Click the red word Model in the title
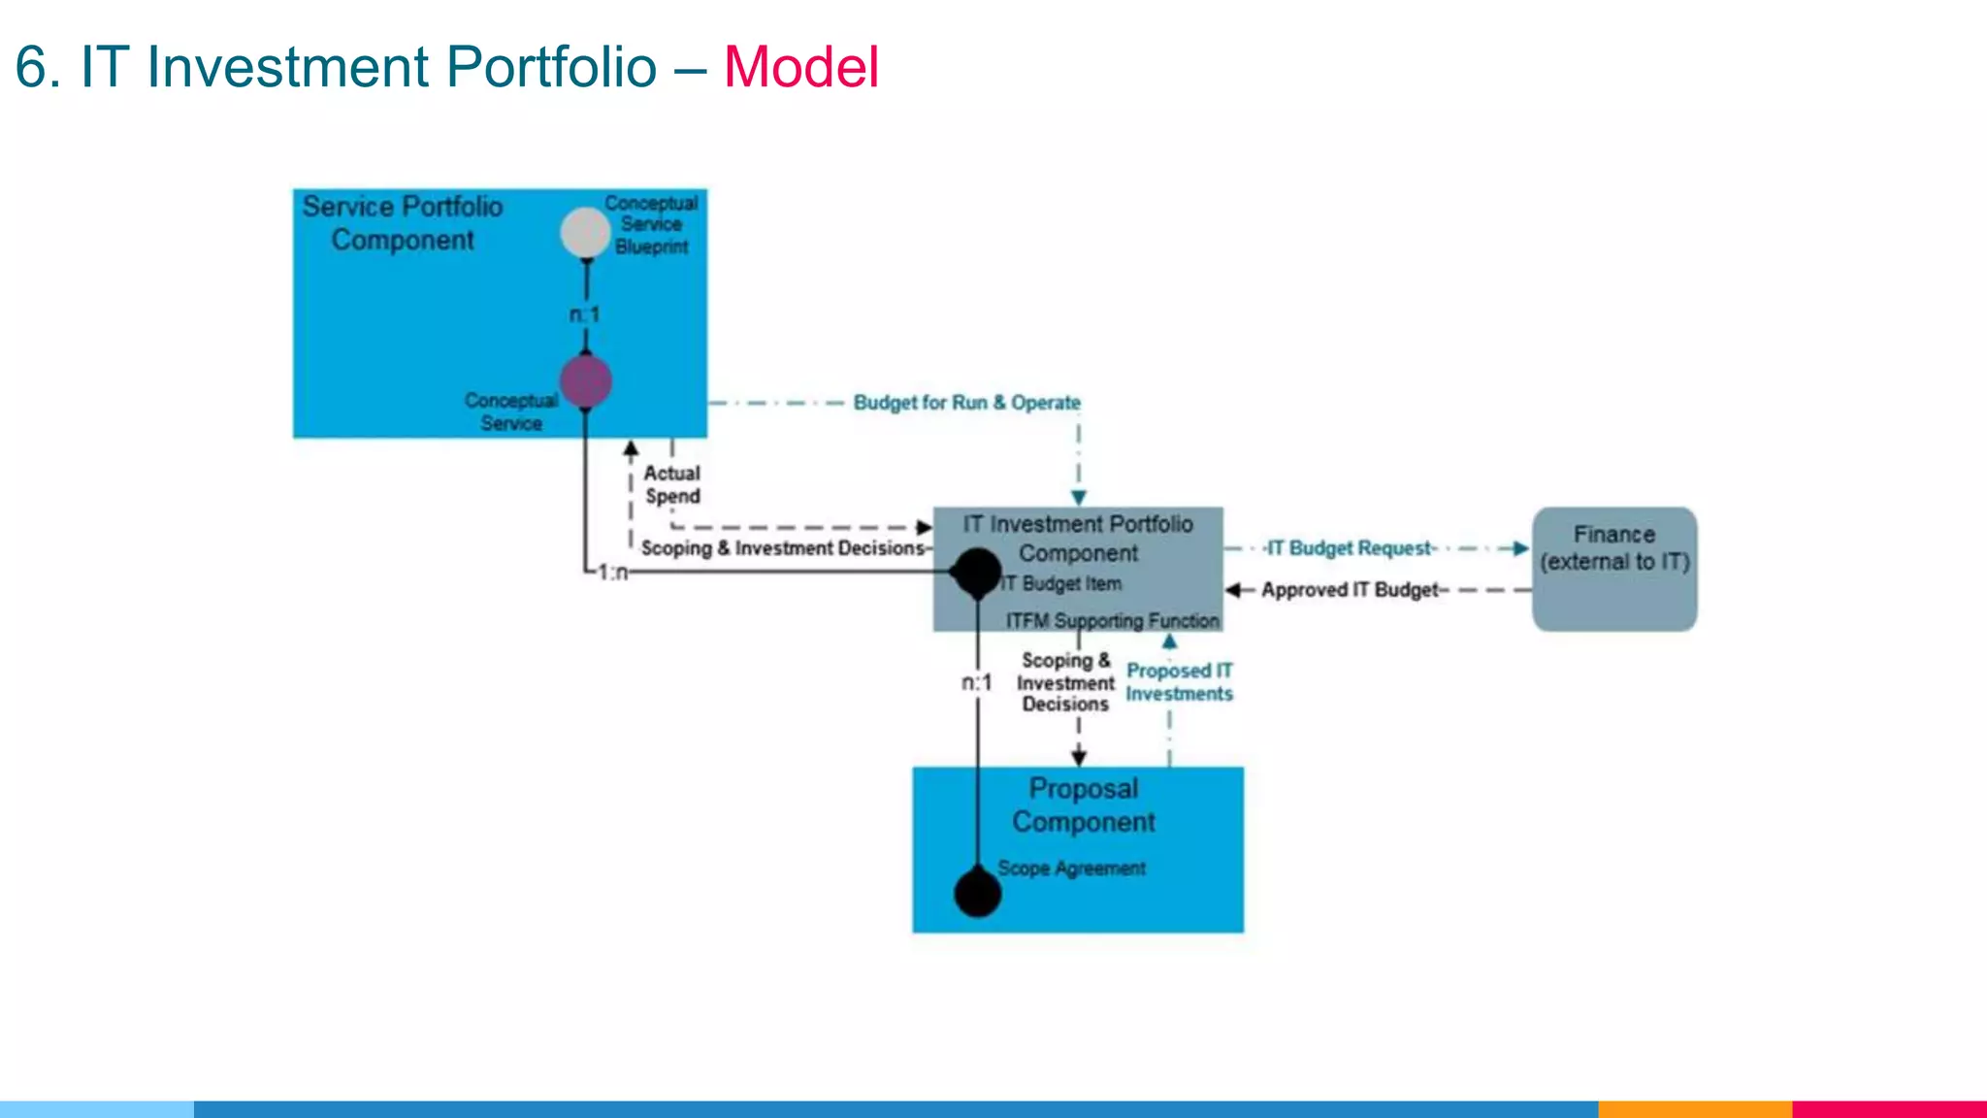pyautogui.click(x=801, y=67)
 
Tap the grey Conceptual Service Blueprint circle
pyautogui.click(x=585, y=233)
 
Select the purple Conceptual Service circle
pyautogui.click(x=585, y=380)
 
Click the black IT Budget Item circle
pyautogui.click(x=976, y=573)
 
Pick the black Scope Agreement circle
pyautogui.click(x=977, y=893)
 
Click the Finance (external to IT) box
pyautogui.click(x=1614, y=569)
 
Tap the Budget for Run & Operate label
pyautogui.click(x=966, y=403)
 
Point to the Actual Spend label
pyautogui.click(x=671, y=484)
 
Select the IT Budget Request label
pyautogui.click(x=1349, y=548)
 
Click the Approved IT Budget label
pyautogui.click(x=1349, y=590)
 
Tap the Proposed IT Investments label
pyautogui.click(x=1179, y=682)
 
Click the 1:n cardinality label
pyautogui.click(x=612, y=573)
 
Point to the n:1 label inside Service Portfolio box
pyautogui.click(x=584, y=314)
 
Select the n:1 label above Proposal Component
pyautogui.click(x=976, y=683)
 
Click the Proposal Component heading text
pyautogui.click(x=1083, y=806)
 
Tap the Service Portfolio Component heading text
pyautogui.click(x=402, y=223)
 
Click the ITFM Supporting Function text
pyautogui.click(x=1112, y=620)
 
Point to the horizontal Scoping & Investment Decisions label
pyautogui.click(x=782, y=548)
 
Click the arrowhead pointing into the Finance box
pyautogui.click(x=1520, y=548)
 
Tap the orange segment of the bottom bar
pyautogui.click(x=1694, y=1108)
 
